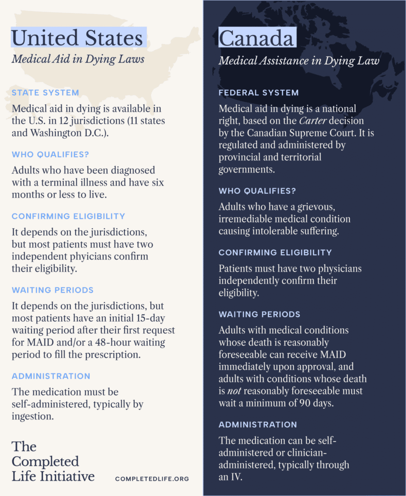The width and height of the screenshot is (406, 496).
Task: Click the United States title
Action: [78, 38]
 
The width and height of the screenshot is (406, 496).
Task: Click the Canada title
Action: [256, 38]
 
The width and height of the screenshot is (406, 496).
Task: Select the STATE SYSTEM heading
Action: [45, 93]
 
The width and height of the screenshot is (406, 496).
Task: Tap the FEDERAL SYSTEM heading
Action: [259, 93]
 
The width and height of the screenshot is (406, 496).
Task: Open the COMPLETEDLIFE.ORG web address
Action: [152, 479]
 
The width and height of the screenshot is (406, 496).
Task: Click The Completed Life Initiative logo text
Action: [53, 461]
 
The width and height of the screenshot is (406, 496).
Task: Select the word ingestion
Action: [32, 416]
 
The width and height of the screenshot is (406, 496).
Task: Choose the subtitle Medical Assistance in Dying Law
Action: [298, 61]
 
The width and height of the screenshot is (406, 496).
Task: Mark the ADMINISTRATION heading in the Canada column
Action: [258, 425]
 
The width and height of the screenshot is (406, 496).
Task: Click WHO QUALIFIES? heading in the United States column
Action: [50, 155]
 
